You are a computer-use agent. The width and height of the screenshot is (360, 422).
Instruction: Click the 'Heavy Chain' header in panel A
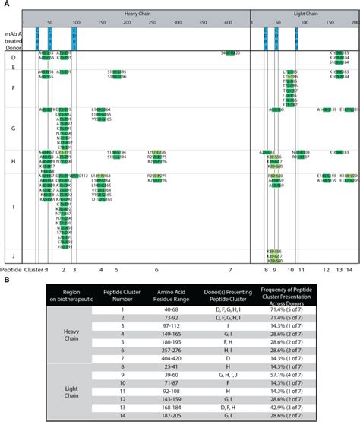coord(137,14)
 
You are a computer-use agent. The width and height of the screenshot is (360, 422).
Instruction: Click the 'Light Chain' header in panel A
coord(305,14)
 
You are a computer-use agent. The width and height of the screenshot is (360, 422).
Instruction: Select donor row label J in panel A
coord(14,255)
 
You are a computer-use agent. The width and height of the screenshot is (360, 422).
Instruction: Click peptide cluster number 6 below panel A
coord(156,269)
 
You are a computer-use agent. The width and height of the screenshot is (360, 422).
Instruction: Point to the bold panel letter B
coord(5,281)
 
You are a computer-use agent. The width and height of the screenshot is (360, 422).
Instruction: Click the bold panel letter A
coord(5,4)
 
